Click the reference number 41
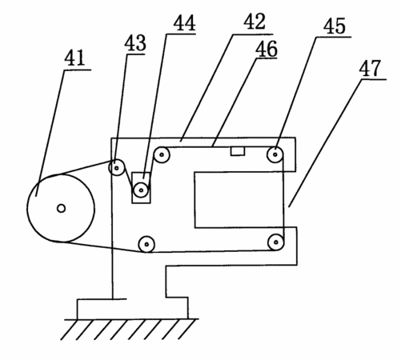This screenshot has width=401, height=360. [74, 58]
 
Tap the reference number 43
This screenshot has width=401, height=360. [135, 42]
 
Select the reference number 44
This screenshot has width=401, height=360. [184, 23]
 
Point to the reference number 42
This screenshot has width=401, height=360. [255, 22]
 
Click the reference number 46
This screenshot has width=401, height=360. [267, 49]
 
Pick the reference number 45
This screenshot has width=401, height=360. [335, 26]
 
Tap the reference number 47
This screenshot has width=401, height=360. [370, 68]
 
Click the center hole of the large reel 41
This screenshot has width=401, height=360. [61, 208]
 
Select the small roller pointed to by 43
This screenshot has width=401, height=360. [117, 168]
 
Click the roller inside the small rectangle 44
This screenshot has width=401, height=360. [141, 190]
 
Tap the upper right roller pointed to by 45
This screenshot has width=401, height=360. [275, 154]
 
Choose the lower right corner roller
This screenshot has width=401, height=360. [276, 242]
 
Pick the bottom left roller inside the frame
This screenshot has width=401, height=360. [146, 244]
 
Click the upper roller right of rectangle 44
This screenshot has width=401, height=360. [162, 154]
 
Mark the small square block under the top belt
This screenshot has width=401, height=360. [238, 151]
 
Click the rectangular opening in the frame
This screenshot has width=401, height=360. [239, 200]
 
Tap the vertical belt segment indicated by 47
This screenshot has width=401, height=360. [283, 198]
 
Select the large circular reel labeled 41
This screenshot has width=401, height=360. [61, 208]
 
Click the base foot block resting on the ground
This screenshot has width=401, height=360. [133, 309]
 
